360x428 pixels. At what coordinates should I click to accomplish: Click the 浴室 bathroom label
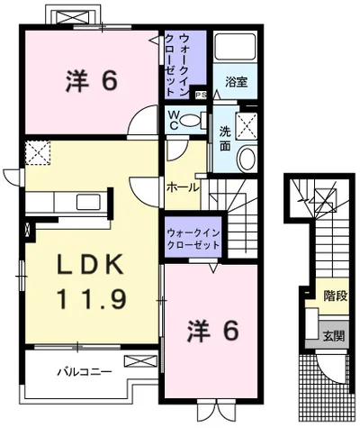237,82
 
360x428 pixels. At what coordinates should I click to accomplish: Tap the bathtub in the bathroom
236,46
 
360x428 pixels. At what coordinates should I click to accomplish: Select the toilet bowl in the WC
193,120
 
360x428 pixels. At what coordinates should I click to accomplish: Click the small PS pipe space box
202,96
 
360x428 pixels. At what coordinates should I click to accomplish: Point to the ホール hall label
183,188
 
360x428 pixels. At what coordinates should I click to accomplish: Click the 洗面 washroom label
225,139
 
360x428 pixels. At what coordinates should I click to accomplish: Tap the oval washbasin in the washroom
247,159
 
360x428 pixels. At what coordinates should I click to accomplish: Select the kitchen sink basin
88,202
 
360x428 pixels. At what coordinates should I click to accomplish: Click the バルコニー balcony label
85,372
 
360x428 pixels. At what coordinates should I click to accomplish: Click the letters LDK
91,264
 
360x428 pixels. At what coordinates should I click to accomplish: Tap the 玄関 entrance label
334,335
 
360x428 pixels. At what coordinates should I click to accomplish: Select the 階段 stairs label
336,296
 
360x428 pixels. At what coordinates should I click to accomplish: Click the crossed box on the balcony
140,360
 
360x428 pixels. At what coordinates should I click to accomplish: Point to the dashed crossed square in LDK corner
38,152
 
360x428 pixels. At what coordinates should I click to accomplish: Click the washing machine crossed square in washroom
246,126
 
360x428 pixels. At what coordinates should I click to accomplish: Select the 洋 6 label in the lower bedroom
213,331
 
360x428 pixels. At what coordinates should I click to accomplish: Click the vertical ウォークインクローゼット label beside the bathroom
178,65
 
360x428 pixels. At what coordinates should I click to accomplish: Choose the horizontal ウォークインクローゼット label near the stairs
193,239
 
